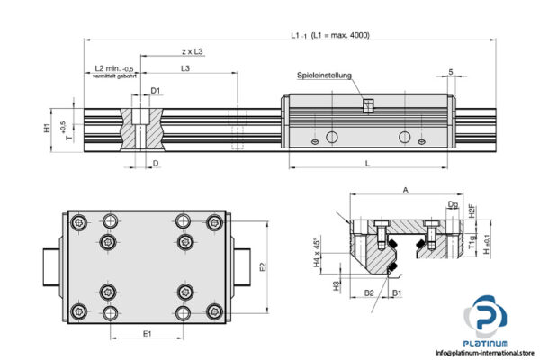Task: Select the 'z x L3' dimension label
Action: coord(191,52)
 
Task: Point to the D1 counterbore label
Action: coord(156,90)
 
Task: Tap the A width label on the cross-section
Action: coord(406,190)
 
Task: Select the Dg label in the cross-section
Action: coord(452,206)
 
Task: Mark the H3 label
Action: coord(335,284)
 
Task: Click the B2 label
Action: coord(369,292)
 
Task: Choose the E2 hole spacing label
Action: coord(262,266)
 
